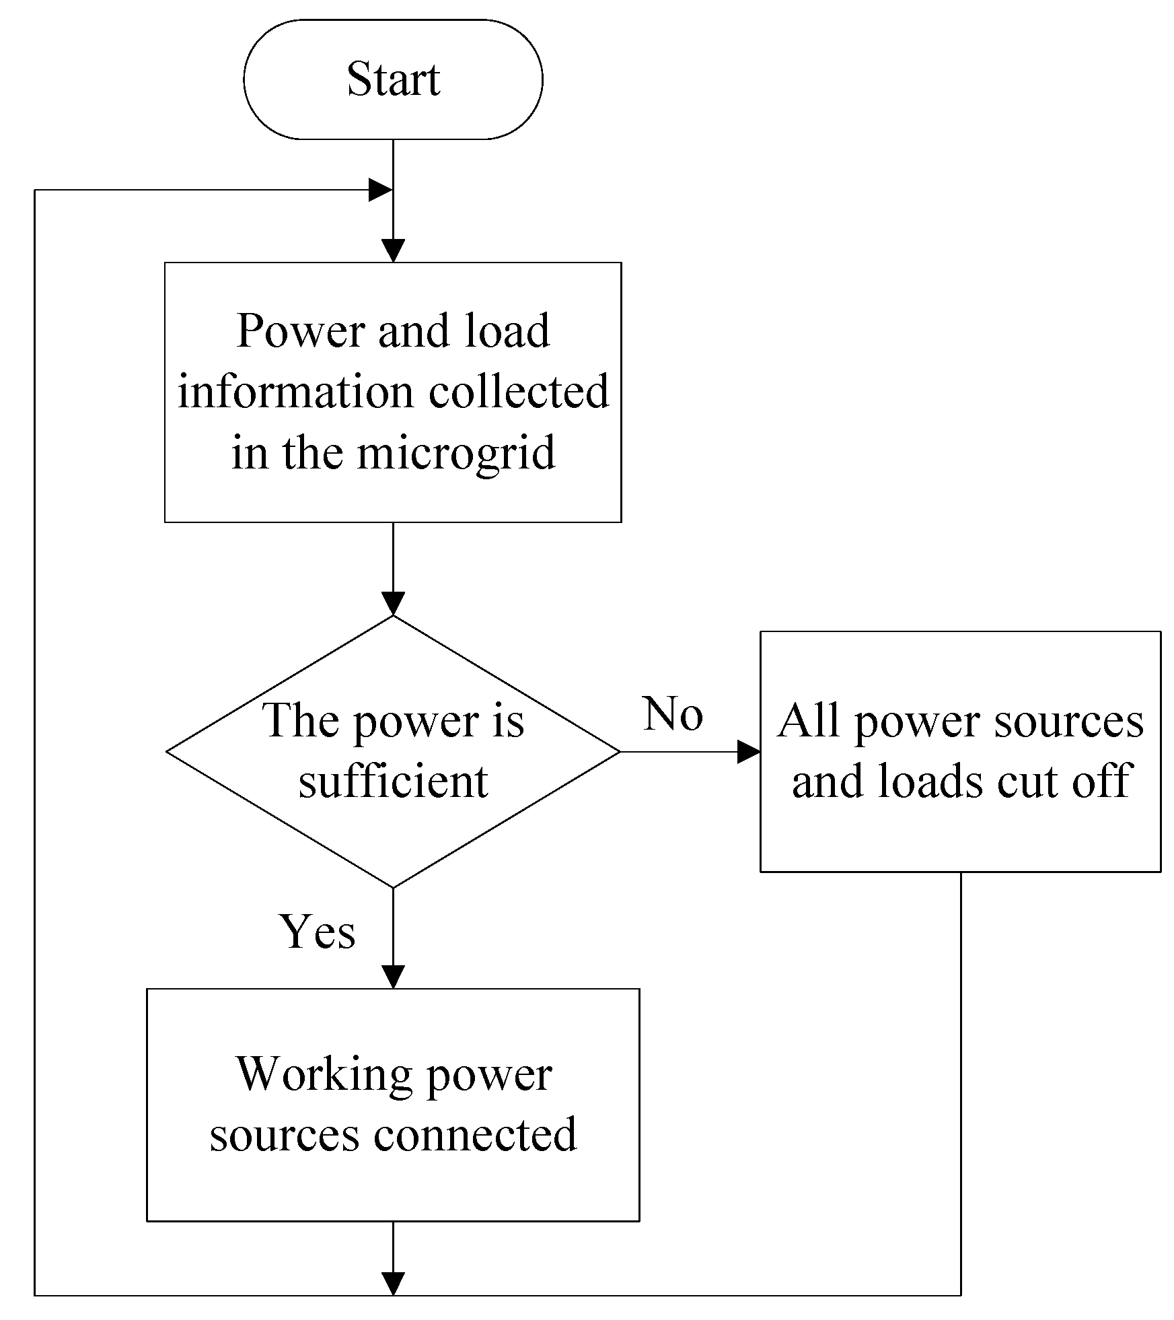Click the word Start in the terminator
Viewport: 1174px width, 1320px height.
click(393, 79)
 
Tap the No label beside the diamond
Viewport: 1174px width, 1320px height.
click(673, 714)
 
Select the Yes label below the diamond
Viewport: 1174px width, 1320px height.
click(318, 932)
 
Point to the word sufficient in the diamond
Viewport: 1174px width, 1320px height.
click(393, 781)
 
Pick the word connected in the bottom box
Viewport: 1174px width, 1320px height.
click(475, 1134)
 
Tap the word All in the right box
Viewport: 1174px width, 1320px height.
click(809, 721)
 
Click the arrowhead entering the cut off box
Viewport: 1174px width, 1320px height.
click(749, 752)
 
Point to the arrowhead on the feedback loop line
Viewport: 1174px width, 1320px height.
click(380, 190)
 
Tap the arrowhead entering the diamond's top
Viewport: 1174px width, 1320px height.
click(393, 603)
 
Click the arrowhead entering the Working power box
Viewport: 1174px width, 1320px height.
click(393, 977)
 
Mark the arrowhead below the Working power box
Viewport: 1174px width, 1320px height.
click(393, 1283)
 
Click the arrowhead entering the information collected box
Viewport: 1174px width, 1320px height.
click(393, 250)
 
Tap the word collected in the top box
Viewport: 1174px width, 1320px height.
click(519, 392)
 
